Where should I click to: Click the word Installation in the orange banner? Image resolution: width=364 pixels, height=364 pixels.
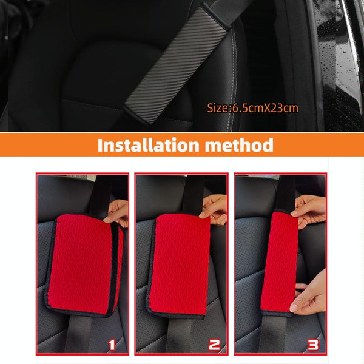pyautogui.click(x=149, y=145)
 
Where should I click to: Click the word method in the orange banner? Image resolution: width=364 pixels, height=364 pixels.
pyautogui.click(x=239, y=145)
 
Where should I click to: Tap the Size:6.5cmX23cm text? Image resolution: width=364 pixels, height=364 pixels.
pyautogui.click(x=252, y=108)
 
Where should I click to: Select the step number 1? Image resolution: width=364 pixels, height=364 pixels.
pyautogui.click(x=112, y=345)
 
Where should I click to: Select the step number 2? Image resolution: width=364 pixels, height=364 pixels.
pyautogui.click(x=214, y=345)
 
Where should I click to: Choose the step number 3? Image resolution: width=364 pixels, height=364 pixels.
pyautogui.click(x=313, y=345)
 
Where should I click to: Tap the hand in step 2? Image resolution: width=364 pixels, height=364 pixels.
pyautogui.click(x=214, y=209)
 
